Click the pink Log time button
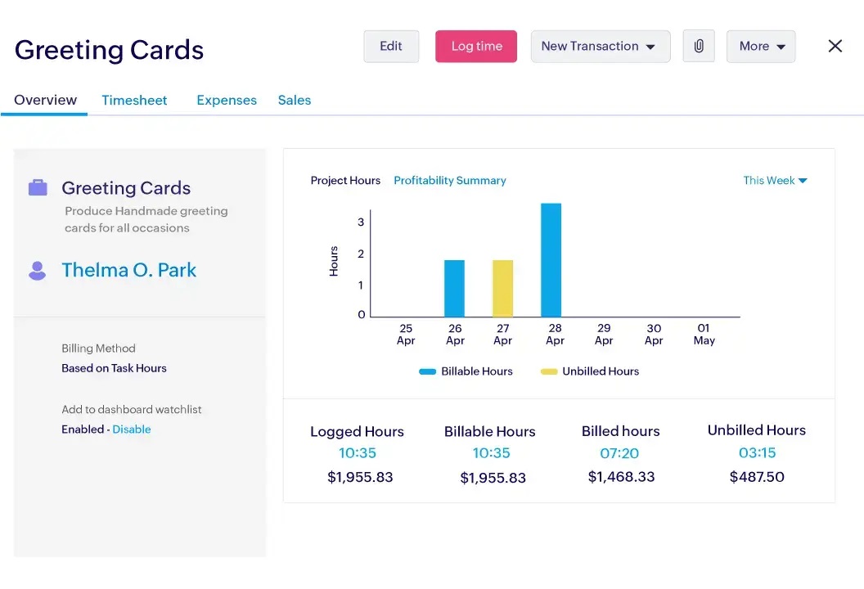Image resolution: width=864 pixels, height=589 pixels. [476, 47]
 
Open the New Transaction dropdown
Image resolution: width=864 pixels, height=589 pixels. [600, 47]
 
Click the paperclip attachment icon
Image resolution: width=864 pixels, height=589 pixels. [699, 47]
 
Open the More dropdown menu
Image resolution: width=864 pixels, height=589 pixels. [761, 47]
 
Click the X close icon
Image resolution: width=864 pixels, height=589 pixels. [835, 47]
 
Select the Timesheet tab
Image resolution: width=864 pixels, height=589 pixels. [134, 101]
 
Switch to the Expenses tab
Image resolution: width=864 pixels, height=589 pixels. [227, 101]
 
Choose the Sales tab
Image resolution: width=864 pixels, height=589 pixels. [295, 101]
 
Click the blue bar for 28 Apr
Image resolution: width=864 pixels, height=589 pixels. [551, 260]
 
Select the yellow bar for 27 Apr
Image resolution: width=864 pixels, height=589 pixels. [502, 288]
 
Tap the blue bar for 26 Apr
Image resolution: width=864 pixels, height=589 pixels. [454, 288]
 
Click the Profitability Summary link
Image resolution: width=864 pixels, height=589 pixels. [450, 181]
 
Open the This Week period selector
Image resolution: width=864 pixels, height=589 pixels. [775, 181]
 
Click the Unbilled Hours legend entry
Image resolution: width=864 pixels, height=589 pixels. [591, 371]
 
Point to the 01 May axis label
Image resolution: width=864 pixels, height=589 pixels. [704, 335]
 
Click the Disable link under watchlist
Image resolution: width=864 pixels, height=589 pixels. [132, 429]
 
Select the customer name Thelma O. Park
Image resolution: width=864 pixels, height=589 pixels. [129, 271]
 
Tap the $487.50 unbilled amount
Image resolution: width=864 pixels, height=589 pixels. [757, 477]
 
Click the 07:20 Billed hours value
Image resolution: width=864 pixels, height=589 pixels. [620, 453]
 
